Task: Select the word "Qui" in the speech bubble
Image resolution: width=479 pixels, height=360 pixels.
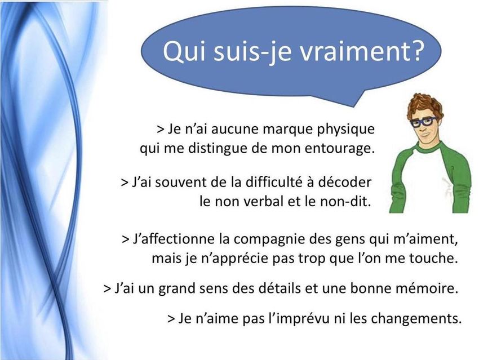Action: click(184, 51)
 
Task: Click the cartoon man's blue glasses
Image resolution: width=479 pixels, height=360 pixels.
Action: click(424, 122)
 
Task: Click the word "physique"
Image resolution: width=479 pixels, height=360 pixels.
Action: click(345, 130)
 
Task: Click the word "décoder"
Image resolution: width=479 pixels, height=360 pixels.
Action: click(344, 183)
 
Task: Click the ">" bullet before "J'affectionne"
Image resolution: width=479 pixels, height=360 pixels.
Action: click(126, 239)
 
